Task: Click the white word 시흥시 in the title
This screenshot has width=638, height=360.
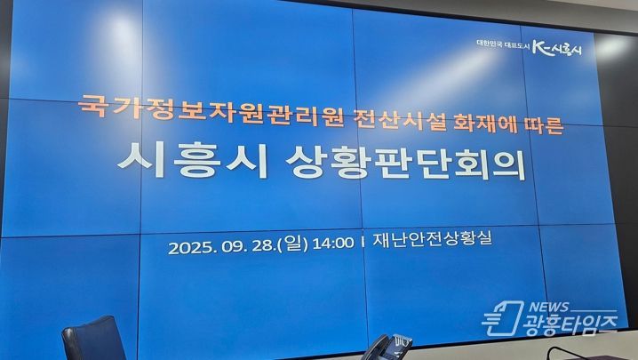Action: point(193,161)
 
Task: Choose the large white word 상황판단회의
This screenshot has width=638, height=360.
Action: point(406,163)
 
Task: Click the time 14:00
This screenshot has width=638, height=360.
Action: point(333,244)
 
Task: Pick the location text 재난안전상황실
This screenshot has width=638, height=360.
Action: point(433,238)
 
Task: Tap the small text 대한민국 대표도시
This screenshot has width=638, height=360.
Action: point(503,45)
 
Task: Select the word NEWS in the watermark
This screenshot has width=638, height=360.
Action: point(549,307)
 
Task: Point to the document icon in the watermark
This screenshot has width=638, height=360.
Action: point(503,318)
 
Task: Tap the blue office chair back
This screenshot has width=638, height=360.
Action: point(94,339)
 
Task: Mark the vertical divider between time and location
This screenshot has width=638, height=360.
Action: point(363,243)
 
